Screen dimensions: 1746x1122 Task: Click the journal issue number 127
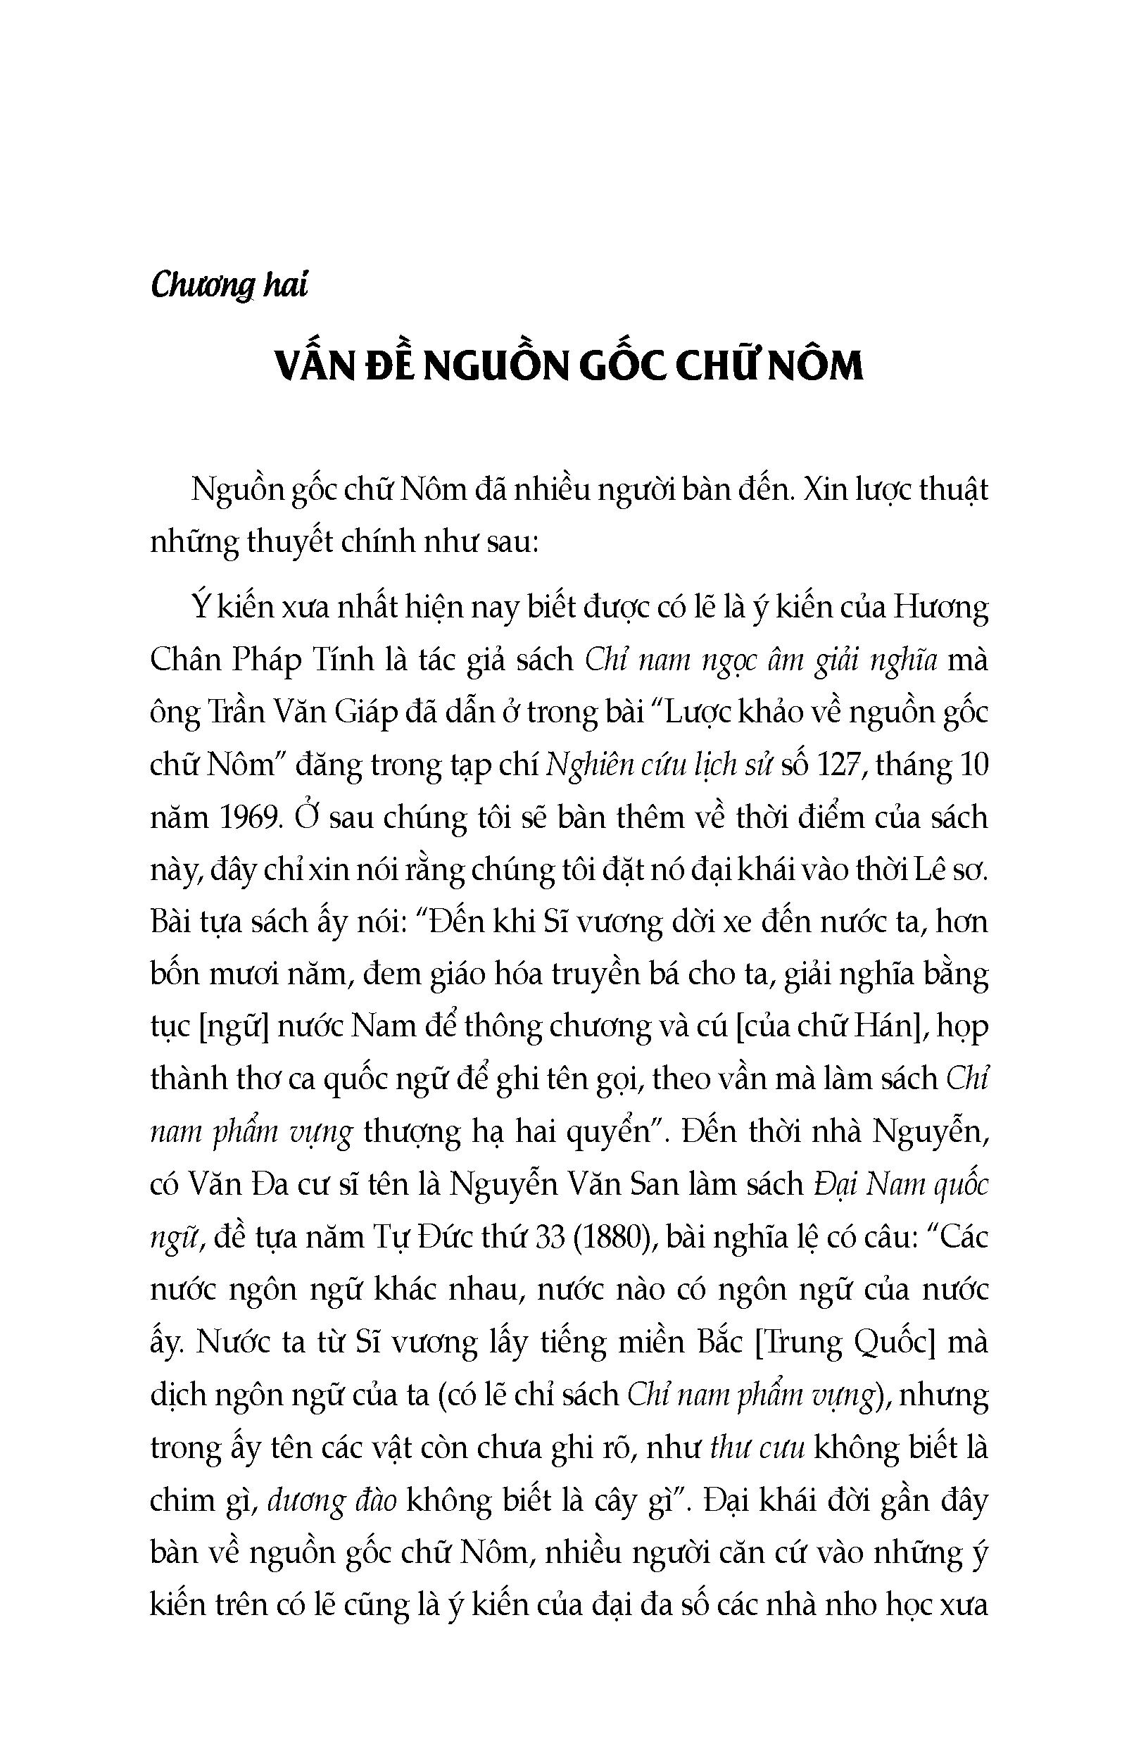(x=840, y=766)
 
